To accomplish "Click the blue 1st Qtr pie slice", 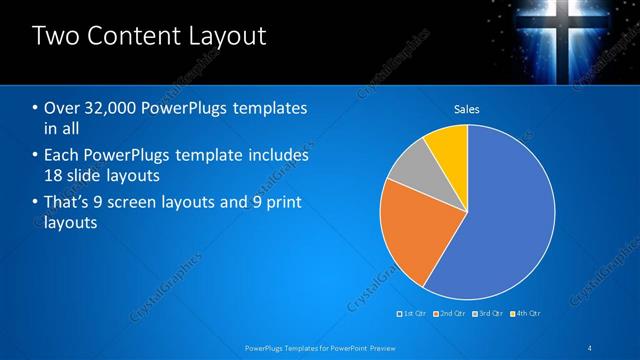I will pos(500,210).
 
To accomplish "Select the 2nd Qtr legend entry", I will pos(451,313).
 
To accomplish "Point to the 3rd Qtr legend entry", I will pos(490,313).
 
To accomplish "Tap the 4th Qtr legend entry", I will pos(528,313).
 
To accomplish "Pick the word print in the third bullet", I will pos(280,203).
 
